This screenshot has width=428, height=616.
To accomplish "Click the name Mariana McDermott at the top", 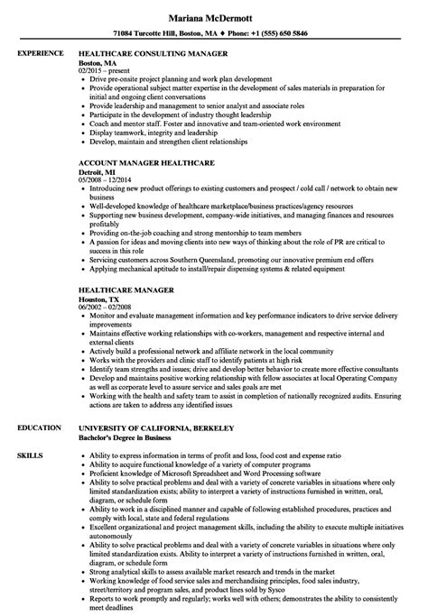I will tap(213, 16).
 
